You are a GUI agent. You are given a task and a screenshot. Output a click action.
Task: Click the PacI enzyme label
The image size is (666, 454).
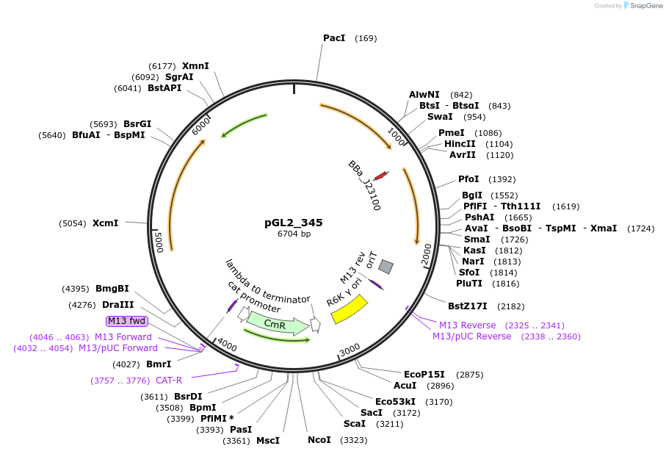334,38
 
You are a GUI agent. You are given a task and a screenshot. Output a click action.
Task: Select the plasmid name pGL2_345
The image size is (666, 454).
294,223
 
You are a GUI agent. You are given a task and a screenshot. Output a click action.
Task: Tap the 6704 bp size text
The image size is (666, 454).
294,234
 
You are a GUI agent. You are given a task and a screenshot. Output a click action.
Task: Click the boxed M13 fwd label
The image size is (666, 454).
127,321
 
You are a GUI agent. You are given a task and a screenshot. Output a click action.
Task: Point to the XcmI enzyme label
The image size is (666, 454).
105,223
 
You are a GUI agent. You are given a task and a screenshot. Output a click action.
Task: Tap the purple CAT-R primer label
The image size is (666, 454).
169,381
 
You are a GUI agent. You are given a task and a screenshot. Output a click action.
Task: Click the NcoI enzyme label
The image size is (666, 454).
319,440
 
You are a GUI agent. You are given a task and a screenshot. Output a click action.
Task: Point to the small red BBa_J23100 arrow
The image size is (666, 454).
381,176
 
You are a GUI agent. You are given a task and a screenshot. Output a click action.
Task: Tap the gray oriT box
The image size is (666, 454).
386,266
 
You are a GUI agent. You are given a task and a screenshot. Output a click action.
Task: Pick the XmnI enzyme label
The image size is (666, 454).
195,66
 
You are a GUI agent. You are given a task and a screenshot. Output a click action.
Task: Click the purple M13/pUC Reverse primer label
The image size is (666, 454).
471,336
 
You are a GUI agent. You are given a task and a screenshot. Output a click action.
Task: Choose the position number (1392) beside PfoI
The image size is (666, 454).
502,179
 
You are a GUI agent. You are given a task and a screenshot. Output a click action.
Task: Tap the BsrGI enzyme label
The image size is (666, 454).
137,123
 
